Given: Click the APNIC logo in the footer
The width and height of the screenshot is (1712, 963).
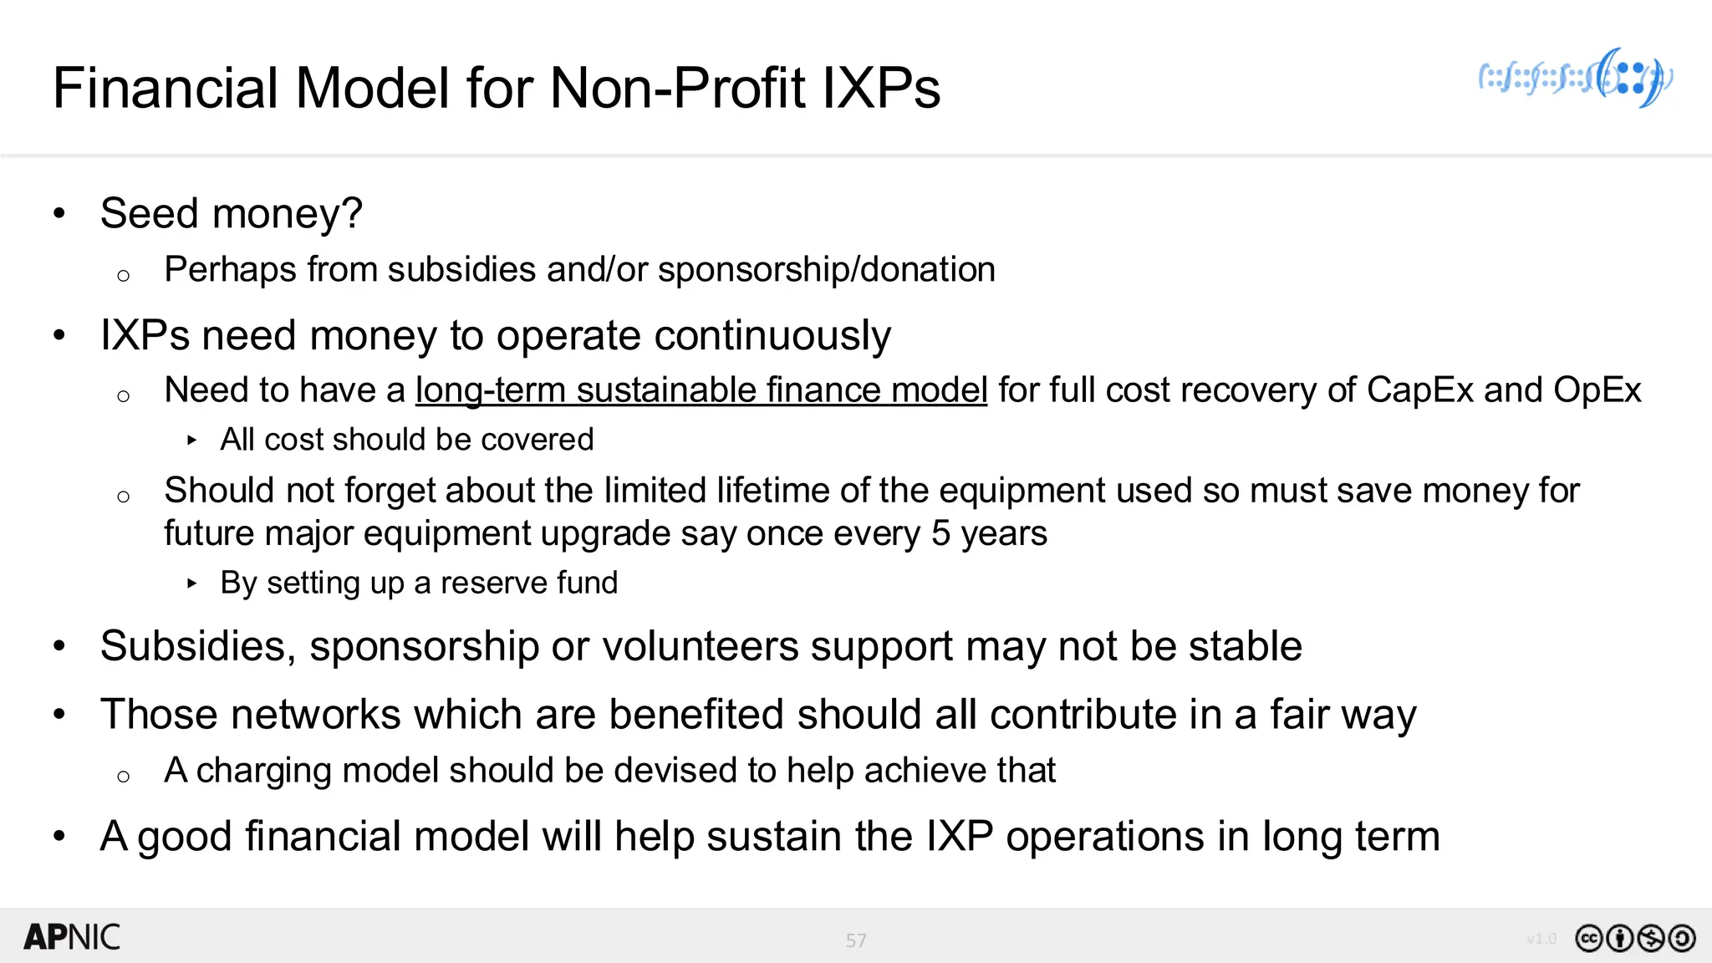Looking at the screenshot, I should [72, 937].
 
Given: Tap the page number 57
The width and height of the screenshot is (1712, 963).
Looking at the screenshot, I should [856, 940].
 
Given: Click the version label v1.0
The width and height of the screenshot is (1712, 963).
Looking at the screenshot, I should [1541, 939].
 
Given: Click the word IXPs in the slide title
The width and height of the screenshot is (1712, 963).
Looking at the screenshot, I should [881, 88].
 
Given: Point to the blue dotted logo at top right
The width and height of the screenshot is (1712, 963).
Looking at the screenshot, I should [1576, 78].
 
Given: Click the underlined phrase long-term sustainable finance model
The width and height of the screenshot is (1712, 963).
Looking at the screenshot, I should [701, 390].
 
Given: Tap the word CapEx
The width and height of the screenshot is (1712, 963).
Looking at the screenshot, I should [1419, 390].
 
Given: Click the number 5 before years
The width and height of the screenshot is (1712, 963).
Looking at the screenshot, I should [940, 533].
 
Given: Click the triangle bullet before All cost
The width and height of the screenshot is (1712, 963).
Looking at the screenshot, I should [192, 440].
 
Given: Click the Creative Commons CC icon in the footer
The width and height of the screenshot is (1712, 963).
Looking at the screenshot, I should [1588, 939].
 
